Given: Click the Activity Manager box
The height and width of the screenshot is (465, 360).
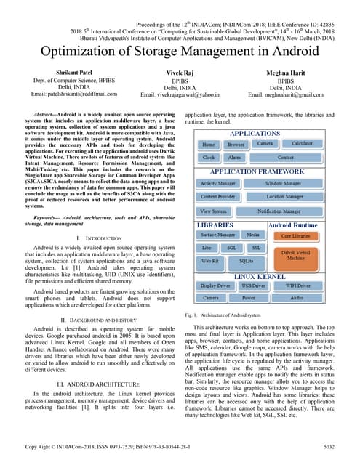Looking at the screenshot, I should (x=217, y=184).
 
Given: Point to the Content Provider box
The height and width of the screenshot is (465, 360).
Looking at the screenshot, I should (x=217, y=197).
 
